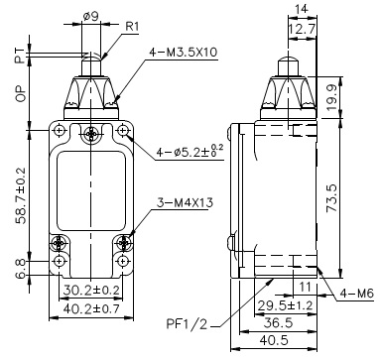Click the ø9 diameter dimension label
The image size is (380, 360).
[x=90, y=17]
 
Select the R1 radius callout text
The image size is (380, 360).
[x=132, y=27]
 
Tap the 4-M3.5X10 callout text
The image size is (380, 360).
[x=184, y=53]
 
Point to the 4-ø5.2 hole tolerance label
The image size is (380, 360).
[x=190, y=151]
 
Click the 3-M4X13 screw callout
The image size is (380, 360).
[x=185, y=202]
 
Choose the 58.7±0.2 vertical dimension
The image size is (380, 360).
[x=21, y=195]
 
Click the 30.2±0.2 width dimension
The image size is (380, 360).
[x=91, y=290]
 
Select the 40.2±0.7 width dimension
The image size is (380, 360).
[x=91, y=308]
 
